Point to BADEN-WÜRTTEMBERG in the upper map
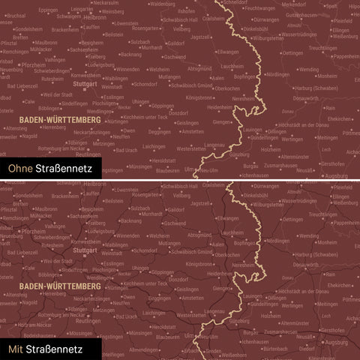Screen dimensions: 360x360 [x=52, y=118]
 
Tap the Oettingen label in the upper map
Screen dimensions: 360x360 [x=292, y=53]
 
